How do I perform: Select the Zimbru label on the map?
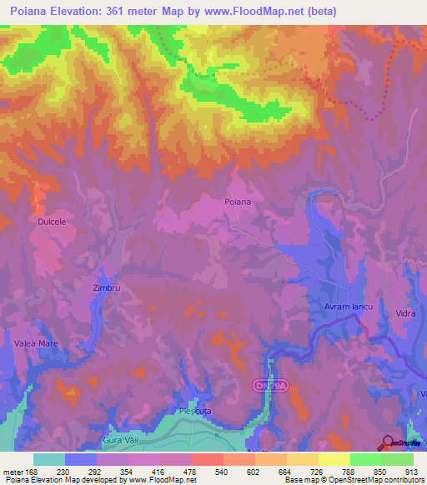(107, 287)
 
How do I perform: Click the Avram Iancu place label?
(346, 308)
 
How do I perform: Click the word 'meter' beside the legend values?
(12, 471)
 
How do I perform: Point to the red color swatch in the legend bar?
(208, 459)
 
